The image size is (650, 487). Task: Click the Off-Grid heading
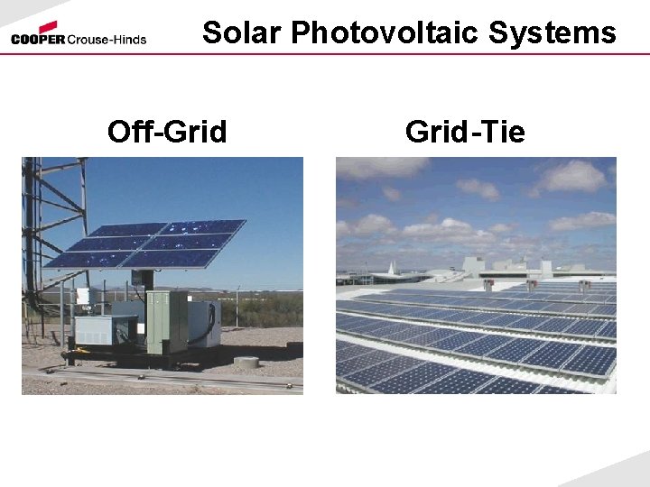(167, 133)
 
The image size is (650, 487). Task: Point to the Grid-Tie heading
(465, 133)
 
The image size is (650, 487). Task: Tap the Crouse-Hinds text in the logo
(107, 40)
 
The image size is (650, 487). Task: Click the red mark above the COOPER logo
(48, 27)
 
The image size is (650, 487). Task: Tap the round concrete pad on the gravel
(246, 362)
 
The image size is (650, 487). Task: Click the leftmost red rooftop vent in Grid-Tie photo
(488, 284)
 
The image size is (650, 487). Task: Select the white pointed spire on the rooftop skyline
(391, 267)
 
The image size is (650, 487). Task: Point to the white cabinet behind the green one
(203, 322)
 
